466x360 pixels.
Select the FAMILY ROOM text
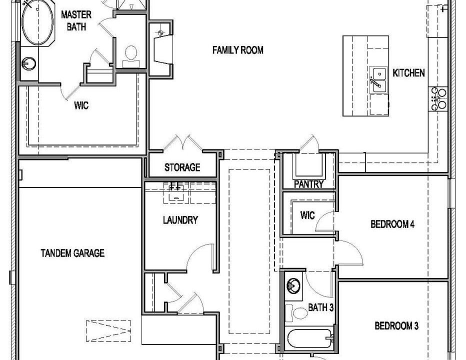(237, 50)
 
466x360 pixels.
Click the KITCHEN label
(408, 73)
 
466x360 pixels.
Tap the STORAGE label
(182, 167)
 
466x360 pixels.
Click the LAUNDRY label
(180, 220)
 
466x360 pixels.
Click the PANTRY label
(308, 184)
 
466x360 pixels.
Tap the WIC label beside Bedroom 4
(307, 215)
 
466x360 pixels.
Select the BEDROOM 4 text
(392, 224)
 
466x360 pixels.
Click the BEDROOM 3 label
(396, 326)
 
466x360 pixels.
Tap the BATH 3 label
(320, 307)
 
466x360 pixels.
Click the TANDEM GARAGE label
(72, 253)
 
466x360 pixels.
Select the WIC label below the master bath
(81, 106)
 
